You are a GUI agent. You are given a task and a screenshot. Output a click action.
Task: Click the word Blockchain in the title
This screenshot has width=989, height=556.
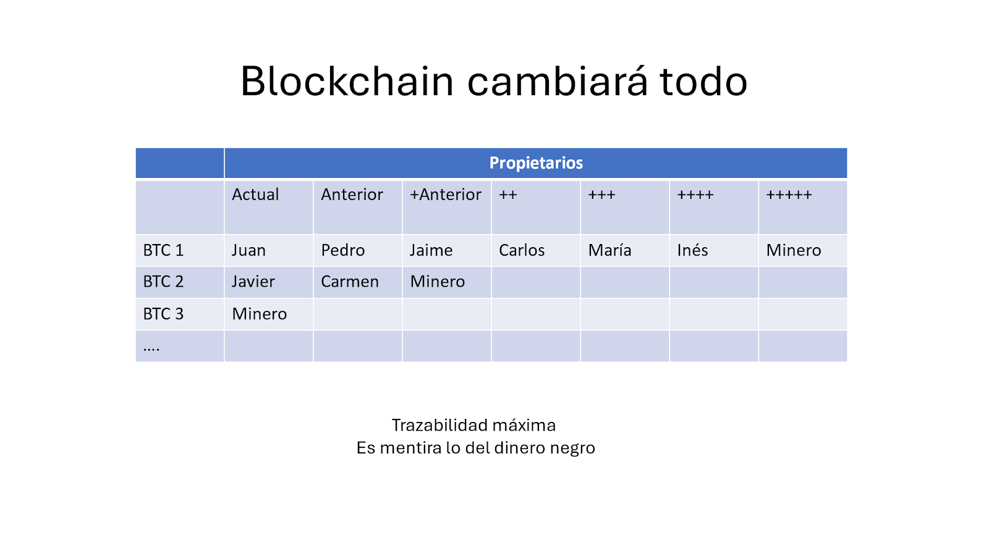tap(347, 81)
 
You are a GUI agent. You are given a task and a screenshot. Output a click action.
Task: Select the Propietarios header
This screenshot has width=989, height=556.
tap(536, 163)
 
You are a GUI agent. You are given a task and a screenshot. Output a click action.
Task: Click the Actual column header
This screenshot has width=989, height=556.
tap(255, 195)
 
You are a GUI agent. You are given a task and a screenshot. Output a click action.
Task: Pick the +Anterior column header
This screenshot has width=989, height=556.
tap(446, 195)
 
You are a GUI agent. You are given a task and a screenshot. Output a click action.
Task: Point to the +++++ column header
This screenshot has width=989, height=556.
tap(789, 195)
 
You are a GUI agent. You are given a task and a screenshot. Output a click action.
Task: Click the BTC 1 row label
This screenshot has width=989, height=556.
tap(163, 250)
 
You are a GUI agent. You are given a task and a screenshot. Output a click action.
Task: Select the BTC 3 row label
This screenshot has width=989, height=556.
tap(163, 314)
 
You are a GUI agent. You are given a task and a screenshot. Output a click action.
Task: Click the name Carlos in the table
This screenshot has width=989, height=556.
tap(522, 250)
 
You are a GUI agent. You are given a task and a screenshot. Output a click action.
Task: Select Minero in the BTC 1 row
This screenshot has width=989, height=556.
tap(794, 250)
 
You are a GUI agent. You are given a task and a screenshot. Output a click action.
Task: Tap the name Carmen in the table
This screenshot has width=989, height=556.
tap(350, 282)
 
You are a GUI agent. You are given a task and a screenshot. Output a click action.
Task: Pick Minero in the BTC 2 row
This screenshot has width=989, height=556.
tap(438, 282)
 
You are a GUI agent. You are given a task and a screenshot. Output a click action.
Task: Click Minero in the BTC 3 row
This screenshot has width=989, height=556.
tap(260, 314)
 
